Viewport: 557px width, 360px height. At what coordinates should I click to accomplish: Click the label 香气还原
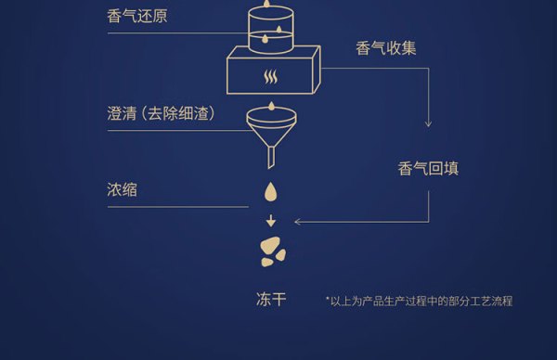tap(137, 16)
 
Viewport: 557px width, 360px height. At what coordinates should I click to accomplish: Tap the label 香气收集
tap(386, 48)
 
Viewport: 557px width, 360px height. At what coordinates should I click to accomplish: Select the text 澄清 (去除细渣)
tap(162, 113)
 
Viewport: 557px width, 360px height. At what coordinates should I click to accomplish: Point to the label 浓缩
tap(122, 189)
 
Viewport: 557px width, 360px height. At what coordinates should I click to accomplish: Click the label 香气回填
tap(428, 168)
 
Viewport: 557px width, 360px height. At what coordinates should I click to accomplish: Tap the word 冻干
tap(271, 300)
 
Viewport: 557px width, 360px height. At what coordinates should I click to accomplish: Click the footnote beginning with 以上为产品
tap(420, 301)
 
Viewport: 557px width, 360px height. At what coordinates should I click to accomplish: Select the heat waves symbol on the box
tap(271, 77)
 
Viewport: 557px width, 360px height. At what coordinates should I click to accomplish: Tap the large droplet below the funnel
tap(271, 192)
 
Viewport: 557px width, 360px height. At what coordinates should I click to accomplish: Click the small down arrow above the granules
tap(271, 221)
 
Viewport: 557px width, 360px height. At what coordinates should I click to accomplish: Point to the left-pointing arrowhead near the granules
tap(298, 222)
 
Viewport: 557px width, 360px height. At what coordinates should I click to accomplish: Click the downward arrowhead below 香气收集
tap(428, 123)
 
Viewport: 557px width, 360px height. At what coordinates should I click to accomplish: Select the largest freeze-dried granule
tap(269, 245)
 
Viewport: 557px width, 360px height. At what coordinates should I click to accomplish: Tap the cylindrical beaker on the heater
tap(271, 31)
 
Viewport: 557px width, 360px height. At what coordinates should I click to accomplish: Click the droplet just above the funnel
tap(271, 106)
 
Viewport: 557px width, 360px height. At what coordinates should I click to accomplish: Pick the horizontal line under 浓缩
tap(178, 207)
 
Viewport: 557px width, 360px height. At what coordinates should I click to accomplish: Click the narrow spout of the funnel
tap(271, 158)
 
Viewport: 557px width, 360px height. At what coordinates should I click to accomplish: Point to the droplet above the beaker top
tap(266, 3)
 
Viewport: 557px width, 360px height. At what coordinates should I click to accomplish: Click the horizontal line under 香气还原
tap(177, 33)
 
